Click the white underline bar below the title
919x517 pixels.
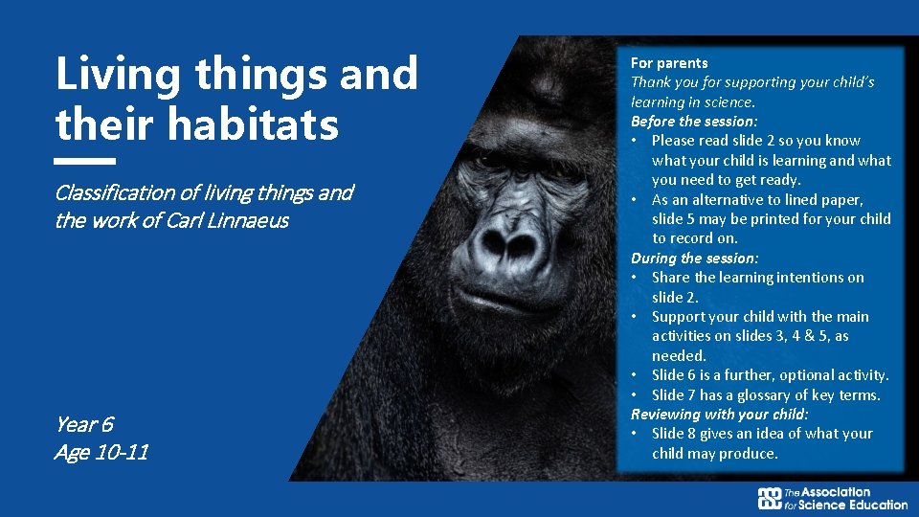(85, 161)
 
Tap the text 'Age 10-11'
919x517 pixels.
(101, 452)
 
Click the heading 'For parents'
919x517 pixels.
(669, 63)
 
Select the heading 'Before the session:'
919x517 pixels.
(694, 122)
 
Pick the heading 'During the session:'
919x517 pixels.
(694, 258)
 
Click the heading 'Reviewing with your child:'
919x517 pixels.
(719, 415)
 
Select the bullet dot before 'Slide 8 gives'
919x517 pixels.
(636, 434)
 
